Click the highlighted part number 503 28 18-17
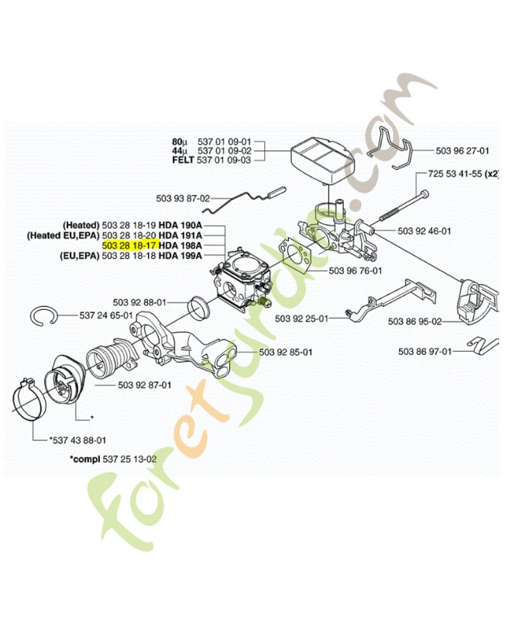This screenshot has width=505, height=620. [129, 245]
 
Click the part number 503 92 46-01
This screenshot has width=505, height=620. [424, 231]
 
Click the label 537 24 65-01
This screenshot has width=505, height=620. [106, 315]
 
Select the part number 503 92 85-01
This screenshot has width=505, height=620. [286, 352]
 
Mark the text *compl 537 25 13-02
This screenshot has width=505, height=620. [113, 459]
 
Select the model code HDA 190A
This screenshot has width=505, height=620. [180, 224]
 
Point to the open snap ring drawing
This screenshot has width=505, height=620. [51, 318]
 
